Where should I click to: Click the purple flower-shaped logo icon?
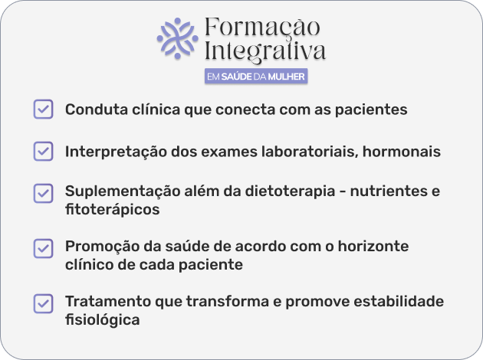[177, 38]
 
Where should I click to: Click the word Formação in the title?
[262, 27]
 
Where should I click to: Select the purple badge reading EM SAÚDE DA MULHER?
[256, 77]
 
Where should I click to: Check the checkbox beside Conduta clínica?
[43, 109]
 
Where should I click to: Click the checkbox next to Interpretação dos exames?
[43, 151]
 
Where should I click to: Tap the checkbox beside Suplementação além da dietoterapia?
[43, 193]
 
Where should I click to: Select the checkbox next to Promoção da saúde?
[43, 248]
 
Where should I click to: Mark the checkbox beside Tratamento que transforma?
[43, 303]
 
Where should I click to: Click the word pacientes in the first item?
[371, 110]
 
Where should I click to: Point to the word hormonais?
[402, 152]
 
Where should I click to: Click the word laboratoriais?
[310, 152]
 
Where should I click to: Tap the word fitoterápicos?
[113, 210]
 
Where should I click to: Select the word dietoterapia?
[290, 191]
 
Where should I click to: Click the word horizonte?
[373, 247]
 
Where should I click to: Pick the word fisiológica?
[103, 320]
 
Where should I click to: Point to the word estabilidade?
[399, 301]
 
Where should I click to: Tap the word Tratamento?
[108, 301]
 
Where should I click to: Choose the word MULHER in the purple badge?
[286, 77]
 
